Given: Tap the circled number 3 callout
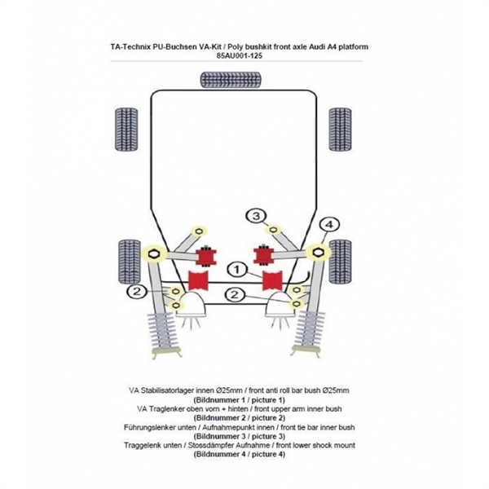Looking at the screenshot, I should click(x=257, y=216).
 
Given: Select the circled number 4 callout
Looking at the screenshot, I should click(x=328, y=224).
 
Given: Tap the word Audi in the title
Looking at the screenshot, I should click(x=315, y=47).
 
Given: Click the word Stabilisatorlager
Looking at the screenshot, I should click(x=174, y=390).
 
